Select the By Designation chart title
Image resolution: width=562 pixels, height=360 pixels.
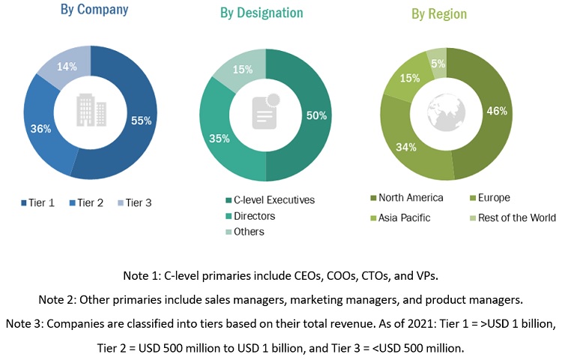pos(262,13)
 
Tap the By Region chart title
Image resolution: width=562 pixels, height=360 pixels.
pos(438,13)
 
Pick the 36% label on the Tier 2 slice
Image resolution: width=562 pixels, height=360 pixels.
pos(41,128)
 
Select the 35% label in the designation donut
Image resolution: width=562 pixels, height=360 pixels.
pos(220,139)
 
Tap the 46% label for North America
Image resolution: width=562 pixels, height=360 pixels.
pos(496,111)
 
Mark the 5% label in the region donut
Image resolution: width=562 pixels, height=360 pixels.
pos(439,64)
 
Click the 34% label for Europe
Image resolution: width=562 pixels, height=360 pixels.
pos(406,147)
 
